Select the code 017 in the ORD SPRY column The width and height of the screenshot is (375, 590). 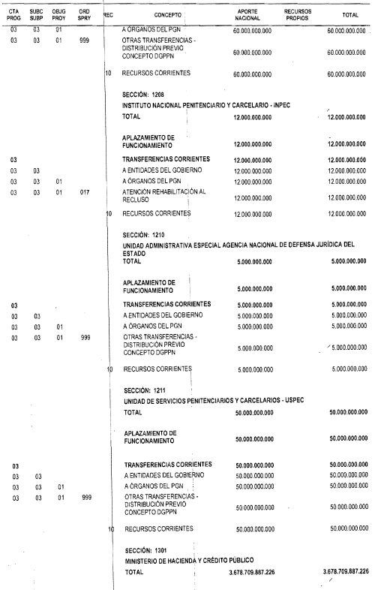84,192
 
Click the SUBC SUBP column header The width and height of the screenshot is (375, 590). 36,14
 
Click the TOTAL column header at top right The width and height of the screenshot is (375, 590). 349,14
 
